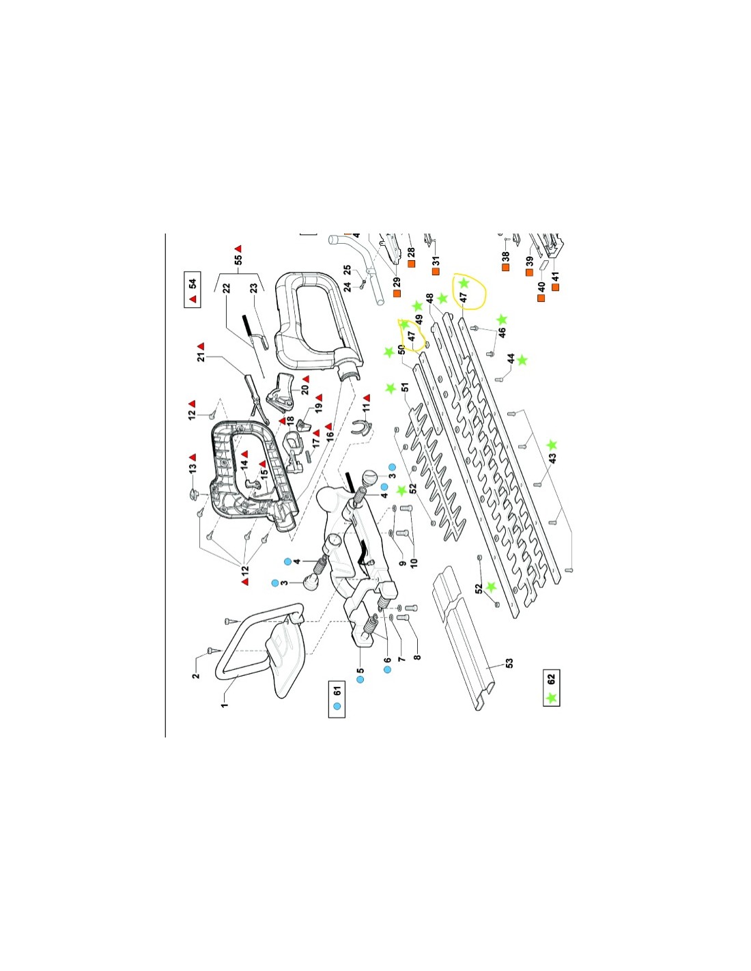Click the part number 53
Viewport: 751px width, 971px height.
click(x=509, y=663)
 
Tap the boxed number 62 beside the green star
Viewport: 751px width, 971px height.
click(x=550, y=678)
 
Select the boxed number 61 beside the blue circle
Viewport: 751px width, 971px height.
click(x=337, y=690)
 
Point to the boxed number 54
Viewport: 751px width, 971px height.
click(x=193, y=283)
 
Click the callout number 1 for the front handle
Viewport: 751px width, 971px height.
click(x=225, y=705)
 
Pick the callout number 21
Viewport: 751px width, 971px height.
click(x=201, y=356)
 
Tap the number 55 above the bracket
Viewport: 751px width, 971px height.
click(x=238, y=259)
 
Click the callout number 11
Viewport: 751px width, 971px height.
click(x=367, y=408)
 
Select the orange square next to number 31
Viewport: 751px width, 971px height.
click(x=436, y=271)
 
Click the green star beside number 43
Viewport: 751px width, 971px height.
click(x=552, y=445)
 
